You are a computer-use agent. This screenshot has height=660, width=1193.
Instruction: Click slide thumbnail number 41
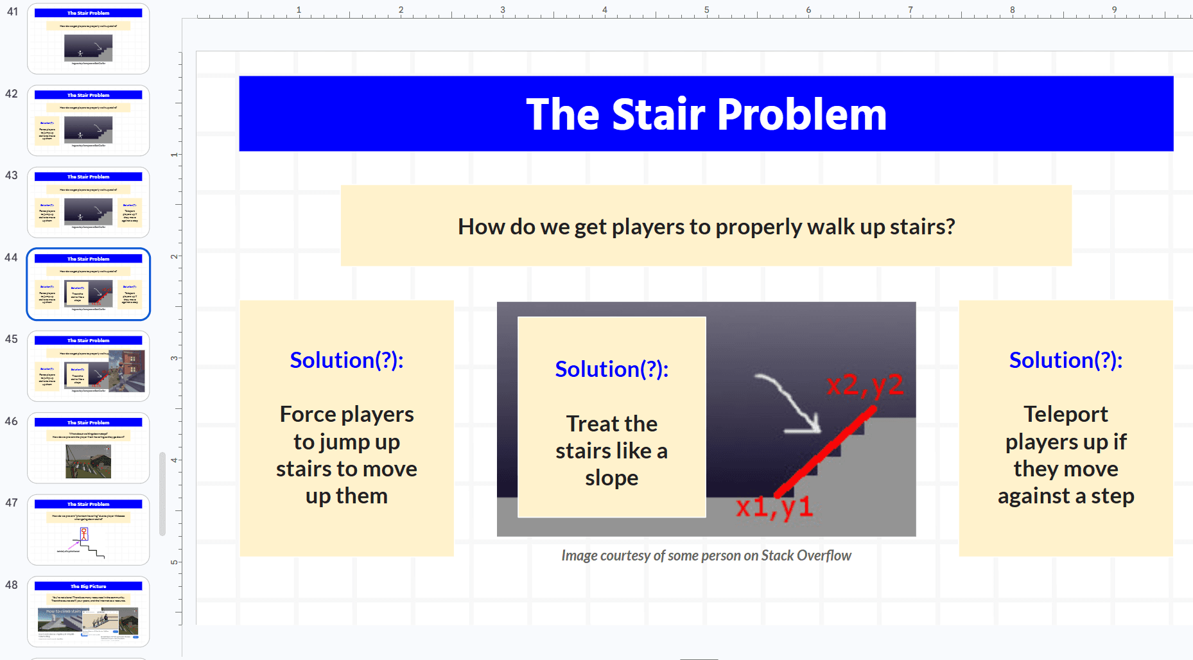[88, 39]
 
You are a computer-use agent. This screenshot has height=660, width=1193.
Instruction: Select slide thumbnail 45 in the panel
[88, 366]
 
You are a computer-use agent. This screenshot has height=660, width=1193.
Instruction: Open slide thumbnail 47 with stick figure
[88, 530]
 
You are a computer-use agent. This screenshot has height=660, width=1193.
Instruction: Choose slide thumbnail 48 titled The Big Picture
[88, 611]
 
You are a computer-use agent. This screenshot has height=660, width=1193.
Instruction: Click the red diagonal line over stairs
[826, 453]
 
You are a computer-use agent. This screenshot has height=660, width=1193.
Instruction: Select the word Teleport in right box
[1065, 414]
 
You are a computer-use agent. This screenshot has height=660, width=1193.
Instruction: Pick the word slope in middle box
[611, 478]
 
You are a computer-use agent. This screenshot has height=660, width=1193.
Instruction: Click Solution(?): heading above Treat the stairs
[611, 369]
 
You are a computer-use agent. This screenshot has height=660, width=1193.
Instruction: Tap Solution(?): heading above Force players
[346, 360]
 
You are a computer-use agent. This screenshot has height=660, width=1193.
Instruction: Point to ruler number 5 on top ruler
[706, 10]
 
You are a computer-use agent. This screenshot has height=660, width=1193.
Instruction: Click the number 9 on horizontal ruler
[1114, 10]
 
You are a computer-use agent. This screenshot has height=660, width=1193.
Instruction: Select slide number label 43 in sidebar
[12, 175]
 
